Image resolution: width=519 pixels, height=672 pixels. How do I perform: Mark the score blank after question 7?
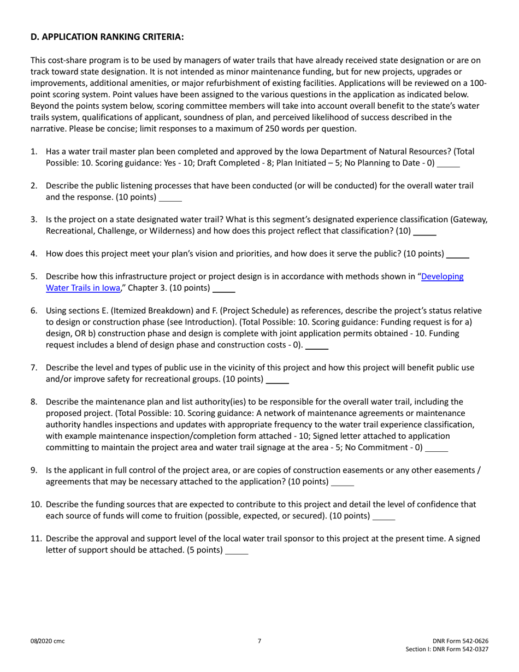tap(277, 379)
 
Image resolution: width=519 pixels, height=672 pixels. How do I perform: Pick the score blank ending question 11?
tap(237, 551)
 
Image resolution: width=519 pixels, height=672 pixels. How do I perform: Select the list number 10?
tap(36, 504)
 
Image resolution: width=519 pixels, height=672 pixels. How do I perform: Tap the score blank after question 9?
tap(343, 482)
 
